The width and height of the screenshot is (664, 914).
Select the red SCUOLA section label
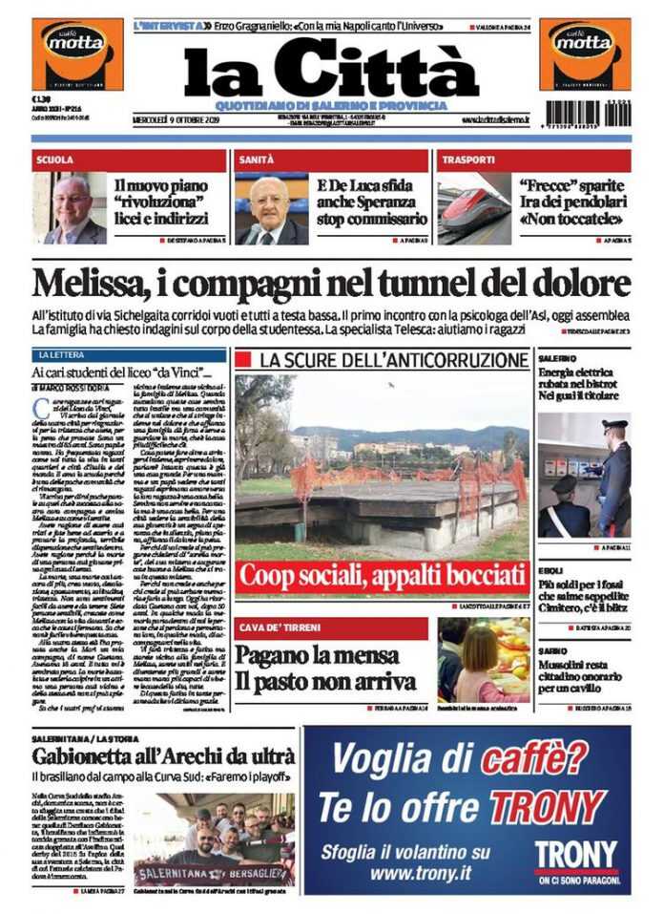pos(55,160)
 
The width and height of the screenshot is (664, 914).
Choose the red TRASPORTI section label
pos(468,160)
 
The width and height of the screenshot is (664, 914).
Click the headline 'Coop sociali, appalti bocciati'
pos(383,576)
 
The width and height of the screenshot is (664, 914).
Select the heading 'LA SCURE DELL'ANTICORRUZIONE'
pos(393,360)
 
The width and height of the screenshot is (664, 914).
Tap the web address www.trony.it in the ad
pos(425,873)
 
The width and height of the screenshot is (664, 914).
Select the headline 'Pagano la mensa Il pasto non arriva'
pos(325,668)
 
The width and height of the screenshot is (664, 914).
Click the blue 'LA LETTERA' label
pos(70,355)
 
